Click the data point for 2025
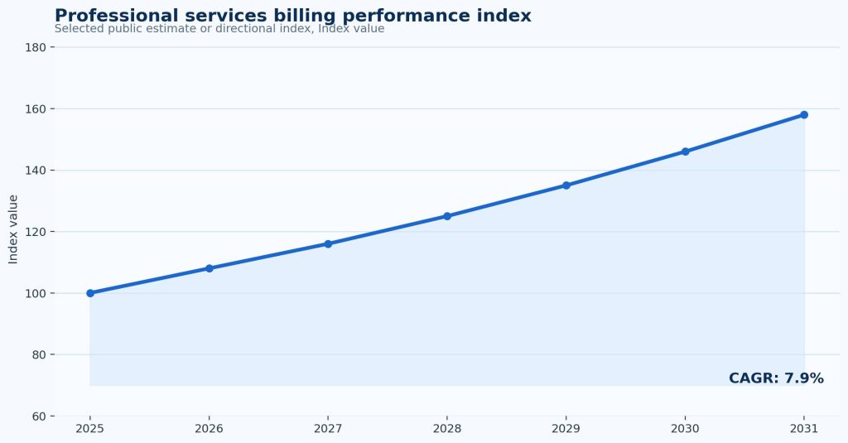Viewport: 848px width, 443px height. point(90,293)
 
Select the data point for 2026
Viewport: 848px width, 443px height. point(210,268)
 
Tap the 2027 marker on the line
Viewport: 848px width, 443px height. point(328,244)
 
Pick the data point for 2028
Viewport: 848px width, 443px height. point(447,216)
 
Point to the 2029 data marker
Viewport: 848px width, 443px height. point(566,185)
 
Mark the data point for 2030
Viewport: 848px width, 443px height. point(685,152)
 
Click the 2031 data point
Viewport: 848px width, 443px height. point(804,114)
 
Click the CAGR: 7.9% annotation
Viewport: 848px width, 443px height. point(776,378)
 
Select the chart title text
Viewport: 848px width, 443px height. point(293,15)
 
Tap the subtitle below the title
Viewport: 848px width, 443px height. point(219,29)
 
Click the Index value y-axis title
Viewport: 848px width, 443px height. point(13,229)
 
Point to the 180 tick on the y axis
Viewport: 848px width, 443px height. point(36,47)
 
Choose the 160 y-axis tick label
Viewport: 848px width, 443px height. point(36,108)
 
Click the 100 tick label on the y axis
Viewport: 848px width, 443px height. point(36,293)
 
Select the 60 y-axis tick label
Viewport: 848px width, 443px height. point(39,417)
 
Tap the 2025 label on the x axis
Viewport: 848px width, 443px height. point(90,429)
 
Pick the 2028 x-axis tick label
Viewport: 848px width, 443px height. point(447,429)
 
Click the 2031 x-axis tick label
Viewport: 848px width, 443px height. point(804,429)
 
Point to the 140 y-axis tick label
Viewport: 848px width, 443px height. point(36,171)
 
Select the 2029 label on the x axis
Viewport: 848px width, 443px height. point(566,429)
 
